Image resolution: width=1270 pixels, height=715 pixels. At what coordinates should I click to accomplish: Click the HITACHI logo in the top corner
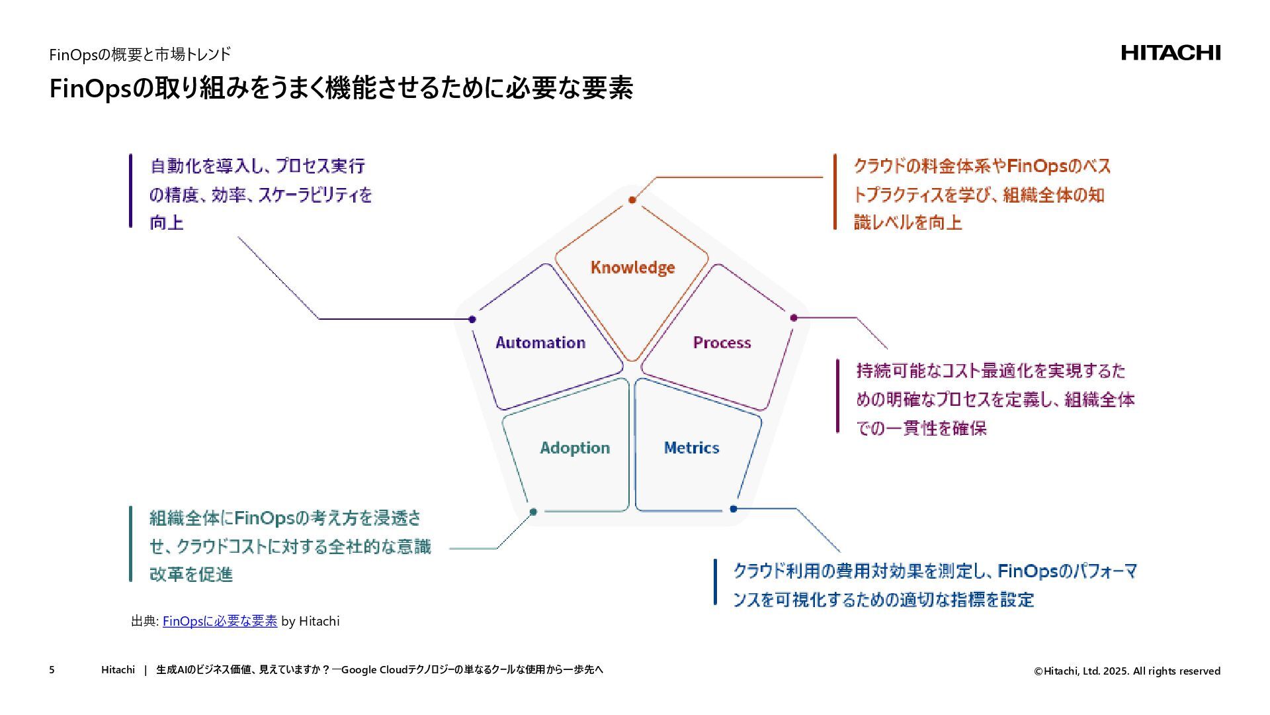tap(1170, 53)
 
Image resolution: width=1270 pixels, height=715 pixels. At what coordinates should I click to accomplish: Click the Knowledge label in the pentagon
tap(632, 267)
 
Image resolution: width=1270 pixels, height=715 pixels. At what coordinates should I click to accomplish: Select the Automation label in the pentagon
tap(540, 343)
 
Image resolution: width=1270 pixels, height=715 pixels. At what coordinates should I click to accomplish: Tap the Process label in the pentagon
tap(722, 343)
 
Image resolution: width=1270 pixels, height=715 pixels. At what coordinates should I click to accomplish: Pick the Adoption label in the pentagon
tap(575, 448)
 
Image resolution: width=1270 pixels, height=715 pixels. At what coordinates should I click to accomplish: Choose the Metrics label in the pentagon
tap(691, 448)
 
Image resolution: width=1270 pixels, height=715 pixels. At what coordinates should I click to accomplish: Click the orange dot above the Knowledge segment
tap(632, 200)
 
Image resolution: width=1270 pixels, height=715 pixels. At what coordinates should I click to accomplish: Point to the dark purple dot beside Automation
tap(472, 320)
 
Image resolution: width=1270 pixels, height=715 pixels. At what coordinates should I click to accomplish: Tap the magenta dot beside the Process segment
tap(794, 318)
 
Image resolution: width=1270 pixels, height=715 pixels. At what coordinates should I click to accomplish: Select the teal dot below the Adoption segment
tap(533, 512)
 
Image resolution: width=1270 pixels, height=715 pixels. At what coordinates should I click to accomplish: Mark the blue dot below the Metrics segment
tap(733, 509)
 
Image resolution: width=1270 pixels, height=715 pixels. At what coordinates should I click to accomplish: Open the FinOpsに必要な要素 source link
tap(220, 621)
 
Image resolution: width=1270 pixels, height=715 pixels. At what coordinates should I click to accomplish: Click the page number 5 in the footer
tap(52, 670)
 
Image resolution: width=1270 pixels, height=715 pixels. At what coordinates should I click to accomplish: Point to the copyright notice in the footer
tap(1127, 671)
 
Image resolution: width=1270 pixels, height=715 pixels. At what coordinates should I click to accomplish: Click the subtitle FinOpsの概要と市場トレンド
tap(140, 54)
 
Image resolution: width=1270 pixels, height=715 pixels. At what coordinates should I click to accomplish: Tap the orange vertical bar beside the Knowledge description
tap(835, 192)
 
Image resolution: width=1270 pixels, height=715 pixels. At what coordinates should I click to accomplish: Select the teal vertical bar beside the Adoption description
tap(131, 544)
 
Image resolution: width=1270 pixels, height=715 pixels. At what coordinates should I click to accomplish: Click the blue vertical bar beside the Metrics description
tap(715, 583)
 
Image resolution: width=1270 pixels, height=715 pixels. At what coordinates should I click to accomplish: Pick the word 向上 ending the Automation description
tap(167, 223)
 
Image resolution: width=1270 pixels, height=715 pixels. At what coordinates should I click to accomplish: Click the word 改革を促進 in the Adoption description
tap(191, 575)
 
